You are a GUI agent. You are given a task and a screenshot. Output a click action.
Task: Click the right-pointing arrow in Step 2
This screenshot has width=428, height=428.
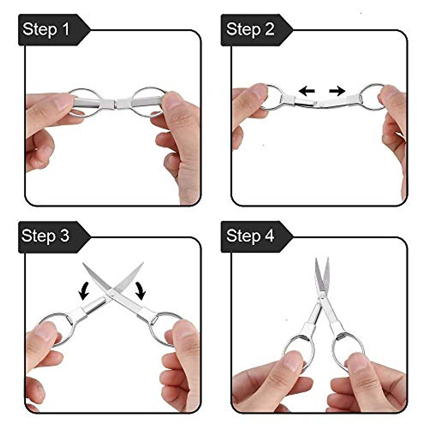click(x=337, y=91)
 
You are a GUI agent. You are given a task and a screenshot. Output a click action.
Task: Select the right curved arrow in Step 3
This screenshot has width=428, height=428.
click(x=140, y=290)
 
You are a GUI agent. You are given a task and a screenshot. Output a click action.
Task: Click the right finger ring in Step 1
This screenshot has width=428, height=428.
click(x=147, y=102)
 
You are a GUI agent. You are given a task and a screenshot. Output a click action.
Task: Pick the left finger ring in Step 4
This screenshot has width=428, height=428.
click(x=300, y=348)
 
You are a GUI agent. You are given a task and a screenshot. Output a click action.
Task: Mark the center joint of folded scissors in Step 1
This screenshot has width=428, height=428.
click(x=115, y=103)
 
